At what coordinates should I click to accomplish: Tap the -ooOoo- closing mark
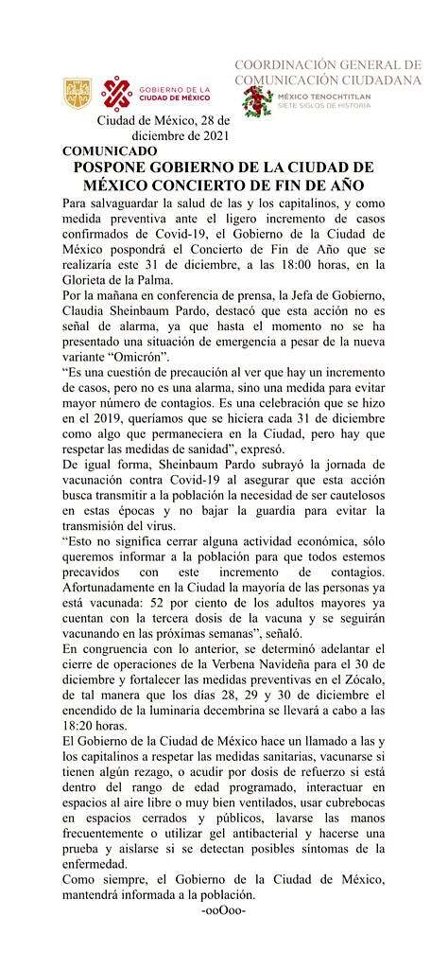click(x=224, y=910)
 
